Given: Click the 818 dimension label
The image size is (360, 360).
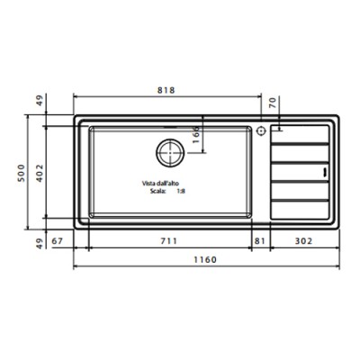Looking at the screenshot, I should (166, 90).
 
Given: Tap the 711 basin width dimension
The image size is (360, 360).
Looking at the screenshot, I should (169, 240).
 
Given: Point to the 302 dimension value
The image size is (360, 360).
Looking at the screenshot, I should (304, 240).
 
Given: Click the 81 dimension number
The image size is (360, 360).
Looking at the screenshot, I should (259, 240).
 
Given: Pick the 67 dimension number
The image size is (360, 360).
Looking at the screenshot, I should (57, 240).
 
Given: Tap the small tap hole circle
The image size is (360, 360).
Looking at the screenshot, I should (261, 131).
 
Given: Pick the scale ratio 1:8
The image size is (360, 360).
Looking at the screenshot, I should (180, 191).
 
